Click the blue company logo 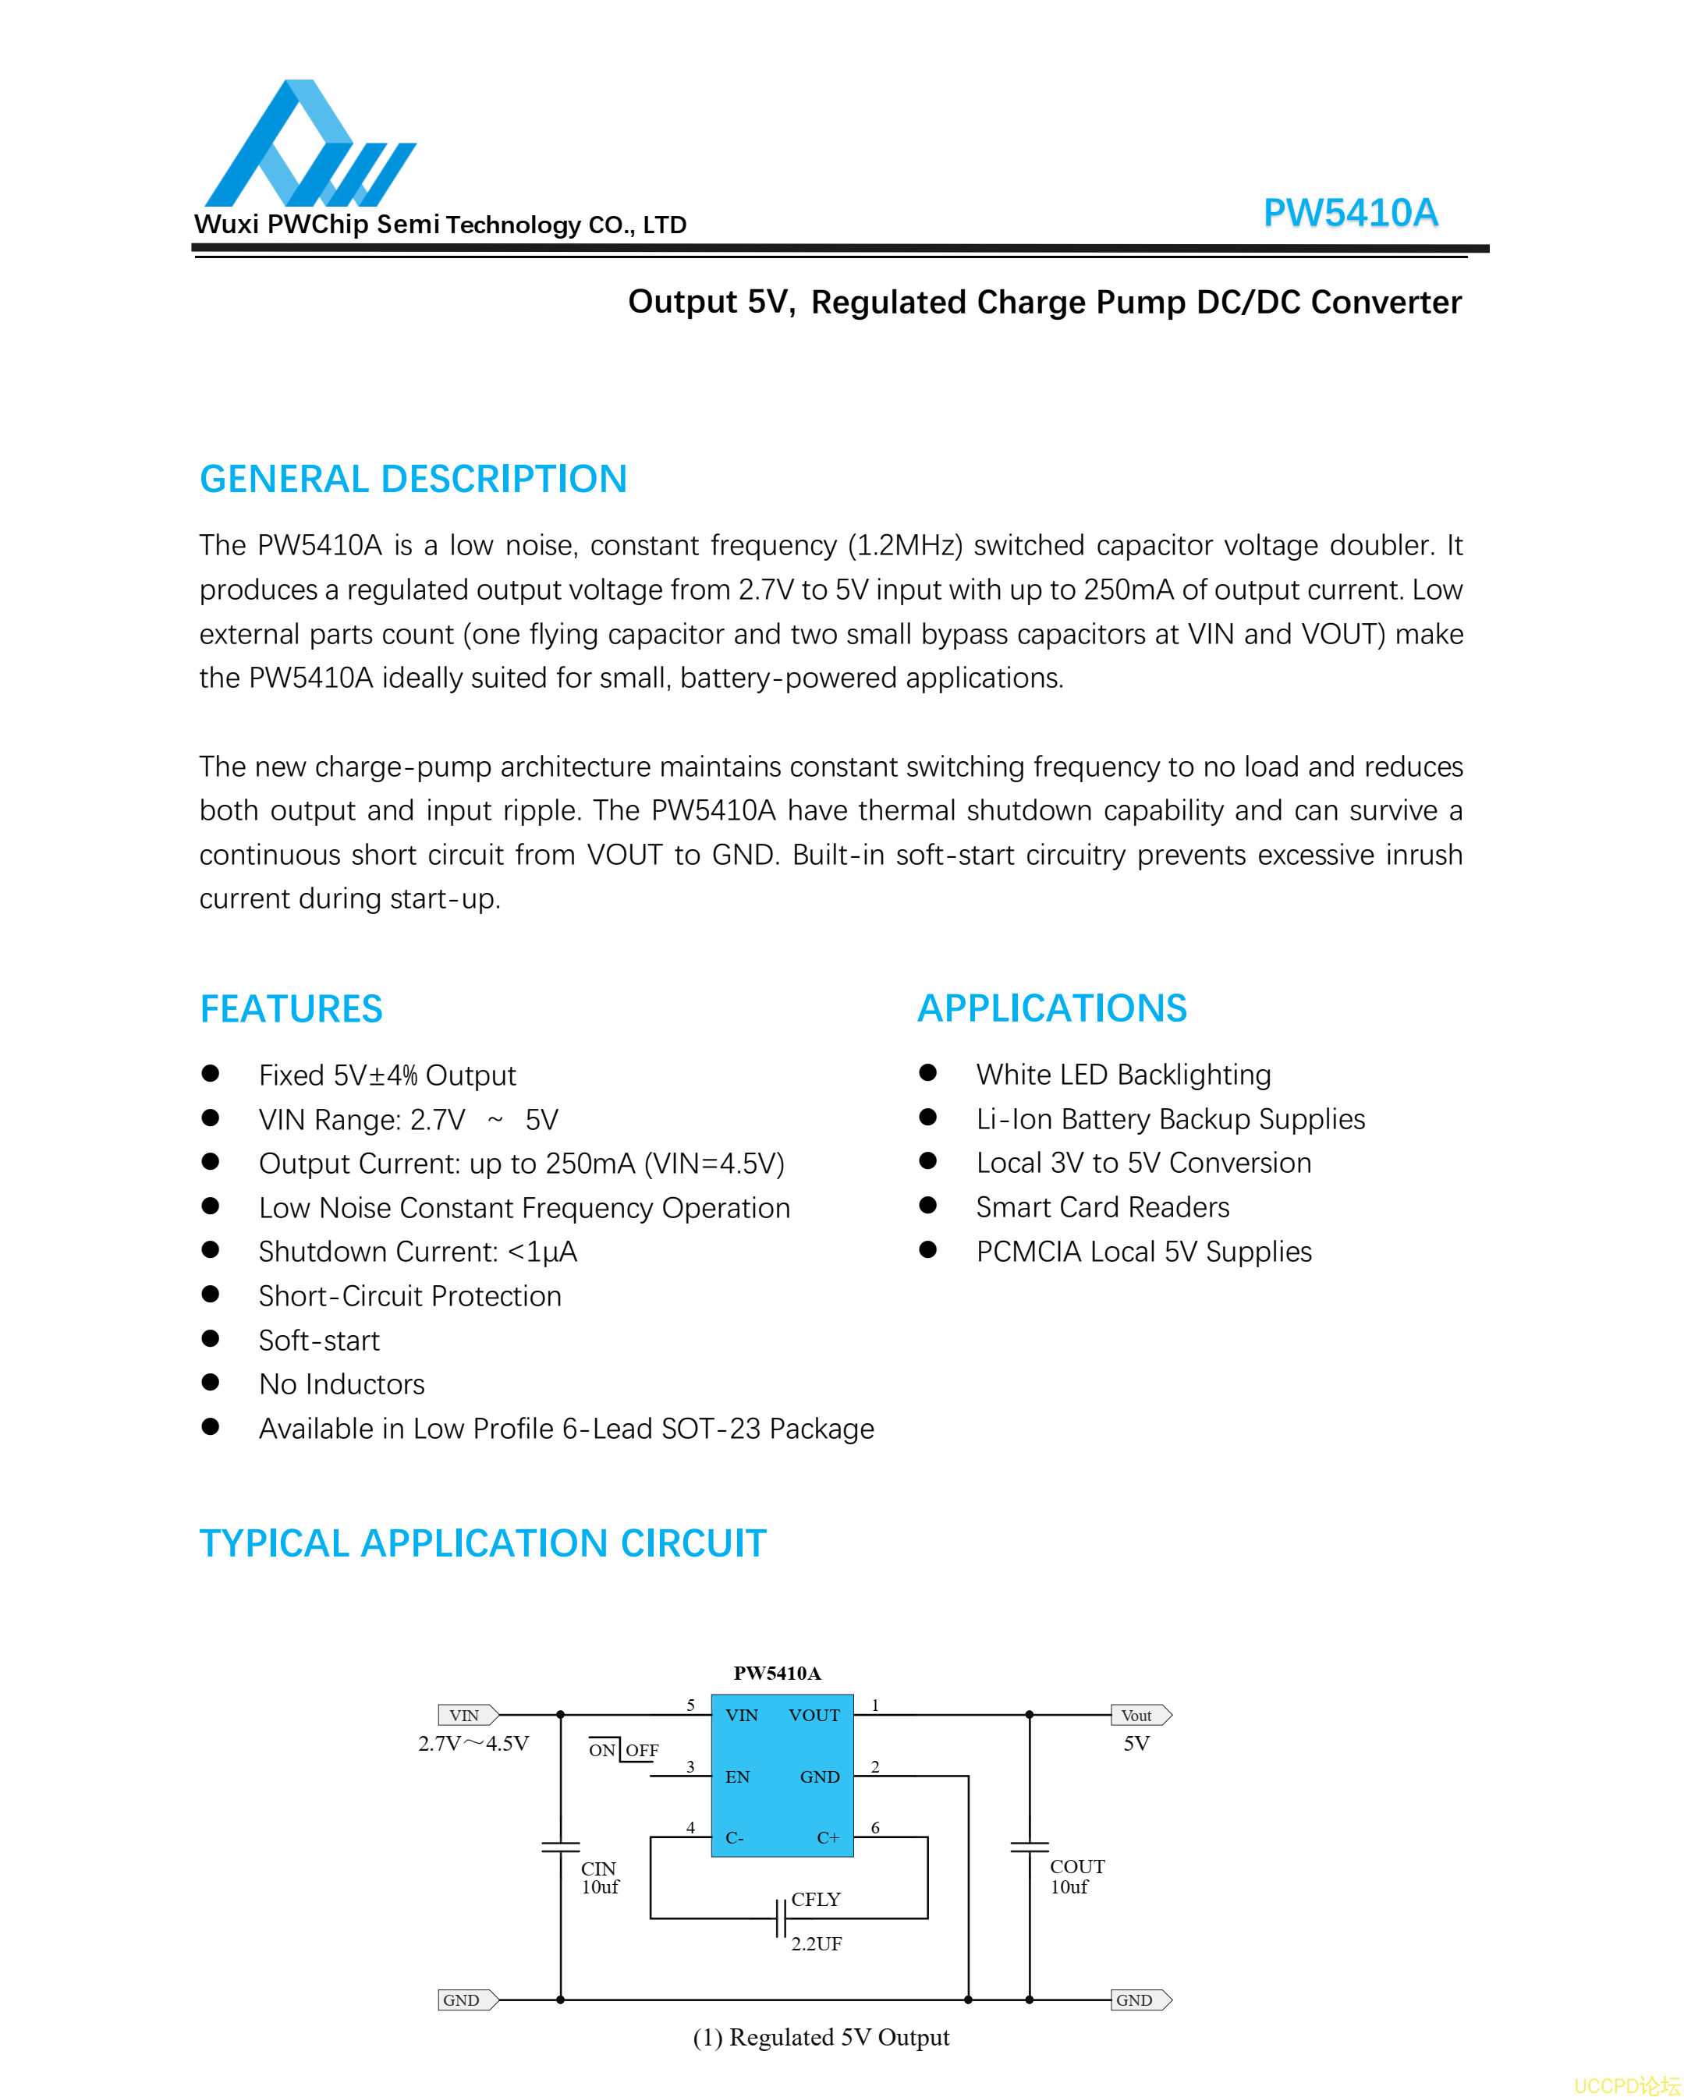tap(310, 144)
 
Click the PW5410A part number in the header tap(1349, 213)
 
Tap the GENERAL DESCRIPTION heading tap(413, 480)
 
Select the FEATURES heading tap(291, 1008)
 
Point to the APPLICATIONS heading tap(1051, 1008)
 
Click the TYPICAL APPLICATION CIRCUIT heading tap(483, 1543)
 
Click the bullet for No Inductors tap(210, 1382)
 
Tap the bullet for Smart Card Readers tap(928, 1205)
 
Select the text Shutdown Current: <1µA tap(417, 1252)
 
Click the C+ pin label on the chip tap(828, 1838)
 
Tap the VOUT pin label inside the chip tap(814, 1716)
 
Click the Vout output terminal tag tap(1140, 1716)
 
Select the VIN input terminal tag tap(468, 1716)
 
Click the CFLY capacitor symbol tap(780, 1919)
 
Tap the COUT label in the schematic tap(1077, 1866)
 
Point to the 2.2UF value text tap(816, 1944)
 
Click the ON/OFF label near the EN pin tap(623, 1751)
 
